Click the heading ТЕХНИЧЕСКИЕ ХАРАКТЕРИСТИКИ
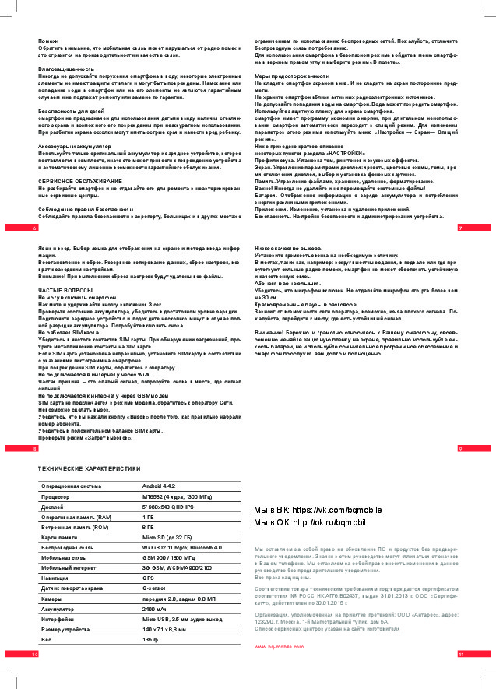(x=90, y=468)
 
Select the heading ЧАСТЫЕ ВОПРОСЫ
(x=66, y=290)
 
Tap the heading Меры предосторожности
(x=292, y=75)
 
